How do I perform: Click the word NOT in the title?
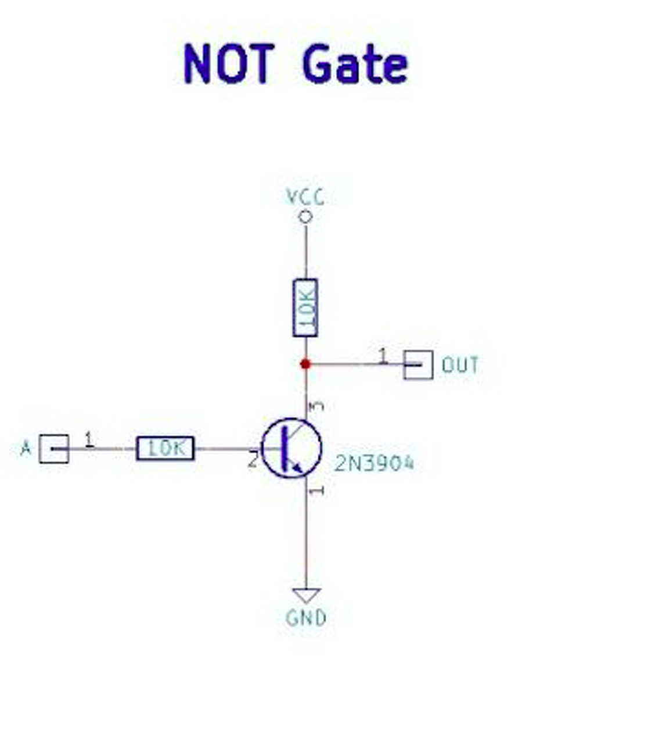point(229,63)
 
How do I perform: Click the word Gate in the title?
point(355,63)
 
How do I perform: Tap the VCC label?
point(305,198)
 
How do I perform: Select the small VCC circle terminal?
point(305,217)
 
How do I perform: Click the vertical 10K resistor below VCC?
point(305,307)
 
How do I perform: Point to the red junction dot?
point(305,364)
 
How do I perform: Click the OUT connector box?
point(418,365)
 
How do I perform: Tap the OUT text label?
point(460,365)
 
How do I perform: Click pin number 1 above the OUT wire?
point(382,355)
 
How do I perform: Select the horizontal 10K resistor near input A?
point(165,449)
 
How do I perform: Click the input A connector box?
point(54,449)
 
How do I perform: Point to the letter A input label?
point(26,449)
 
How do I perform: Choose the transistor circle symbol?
point(291,449)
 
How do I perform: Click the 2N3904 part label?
point(375,463)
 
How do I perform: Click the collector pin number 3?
point(316,406)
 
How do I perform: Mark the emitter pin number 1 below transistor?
point(317,491)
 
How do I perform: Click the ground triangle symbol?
point(306,595)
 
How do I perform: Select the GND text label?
point(306,618)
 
